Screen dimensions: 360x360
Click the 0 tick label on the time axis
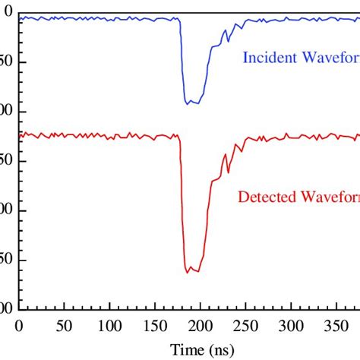coord(21,326)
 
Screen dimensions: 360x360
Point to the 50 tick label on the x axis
coord(65,326)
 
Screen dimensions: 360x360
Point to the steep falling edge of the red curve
coord(182,205)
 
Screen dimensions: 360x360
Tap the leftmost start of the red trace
coord(21,135)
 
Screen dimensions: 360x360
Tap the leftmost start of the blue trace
coord(21,17)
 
